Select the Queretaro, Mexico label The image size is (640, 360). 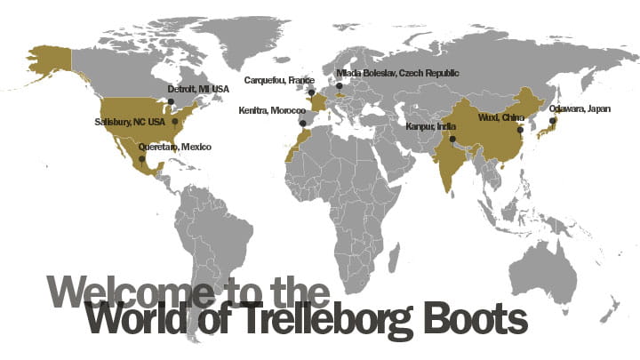coord(175,146)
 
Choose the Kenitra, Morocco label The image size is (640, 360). coord(272,110)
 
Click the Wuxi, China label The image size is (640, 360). coord(499,116)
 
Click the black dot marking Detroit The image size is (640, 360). coord(171,101)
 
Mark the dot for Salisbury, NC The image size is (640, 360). coord(175,121)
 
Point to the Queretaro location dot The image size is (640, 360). coord(141,160)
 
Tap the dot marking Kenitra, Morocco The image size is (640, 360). coord(302,123)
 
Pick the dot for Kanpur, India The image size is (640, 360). coord(452,140)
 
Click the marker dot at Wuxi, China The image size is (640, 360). coord(520,130)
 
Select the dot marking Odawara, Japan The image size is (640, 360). coord(552,120)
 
